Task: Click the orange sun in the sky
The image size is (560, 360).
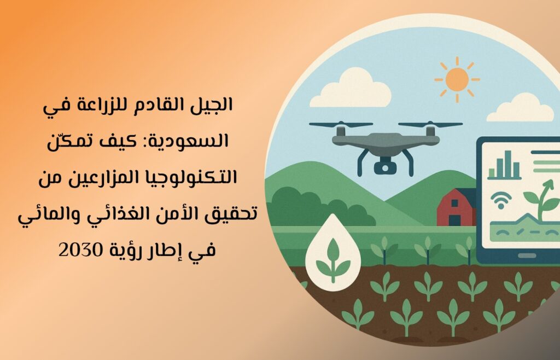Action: click(x=457, y=79)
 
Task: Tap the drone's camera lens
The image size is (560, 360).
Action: click(x=384, y=167)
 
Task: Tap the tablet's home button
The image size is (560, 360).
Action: click(x=527, y=256)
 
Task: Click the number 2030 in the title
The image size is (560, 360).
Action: click(x=80, y=250)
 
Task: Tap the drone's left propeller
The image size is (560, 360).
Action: click(x=341, y=124)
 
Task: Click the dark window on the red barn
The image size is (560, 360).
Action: click(x=454, y=203)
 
